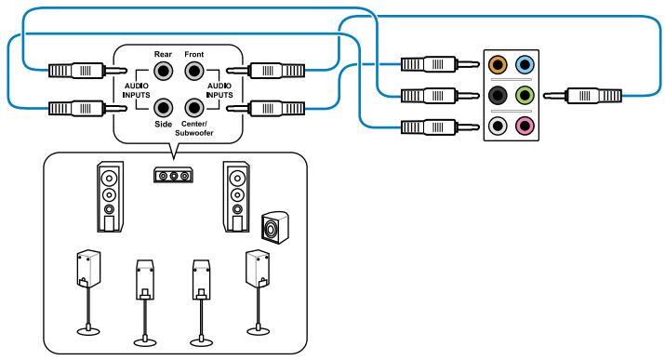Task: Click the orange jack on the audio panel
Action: point(498,66)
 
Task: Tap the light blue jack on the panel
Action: point(525,66)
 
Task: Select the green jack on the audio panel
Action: point(525,95)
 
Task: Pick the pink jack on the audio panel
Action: point(525,126)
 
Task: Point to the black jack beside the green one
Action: point(498,95)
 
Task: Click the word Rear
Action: point(164,55)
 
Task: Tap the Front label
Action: point(193,55)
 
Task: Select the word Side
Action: point(163,123)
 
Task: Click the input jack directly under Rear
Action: point(164,70)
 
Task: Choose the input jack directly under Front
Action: point(193,70)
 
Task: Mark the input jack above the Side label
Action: point(164,107)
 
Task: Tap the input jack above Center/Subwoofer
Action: point(193,107)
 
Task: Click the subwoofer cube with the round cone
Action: point(273,226)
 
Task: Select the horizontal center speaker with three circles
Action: point(173,176)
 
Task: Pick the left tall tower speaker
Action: point(110,198)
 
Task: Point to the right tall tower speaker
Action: point(235,198)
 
